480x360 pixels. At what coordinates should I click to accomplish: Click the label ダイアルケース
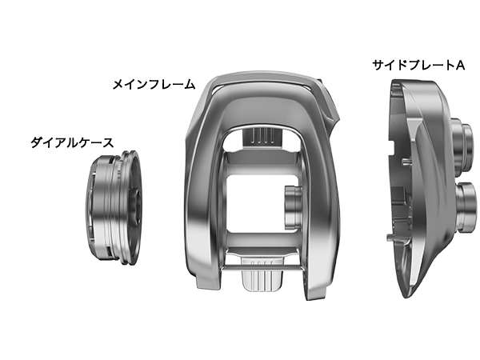(x=72, y=142)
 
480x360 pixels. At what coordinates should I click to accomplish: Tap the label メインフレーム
(x=154, y=84)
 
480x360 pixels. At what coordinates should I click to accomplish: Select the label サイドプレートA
(x=418, y=66)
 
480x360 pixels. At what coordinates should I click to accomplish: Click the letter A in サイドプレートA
(x=460, y=66)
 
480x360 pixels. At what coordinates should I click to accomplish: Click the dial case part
(x=114, y=206)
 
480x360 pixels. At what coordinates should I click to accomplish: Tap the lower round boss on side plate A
(x=466, y=207)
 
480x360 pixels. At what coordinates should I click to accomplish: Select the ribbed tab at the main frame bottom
(x=262, y=274)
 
